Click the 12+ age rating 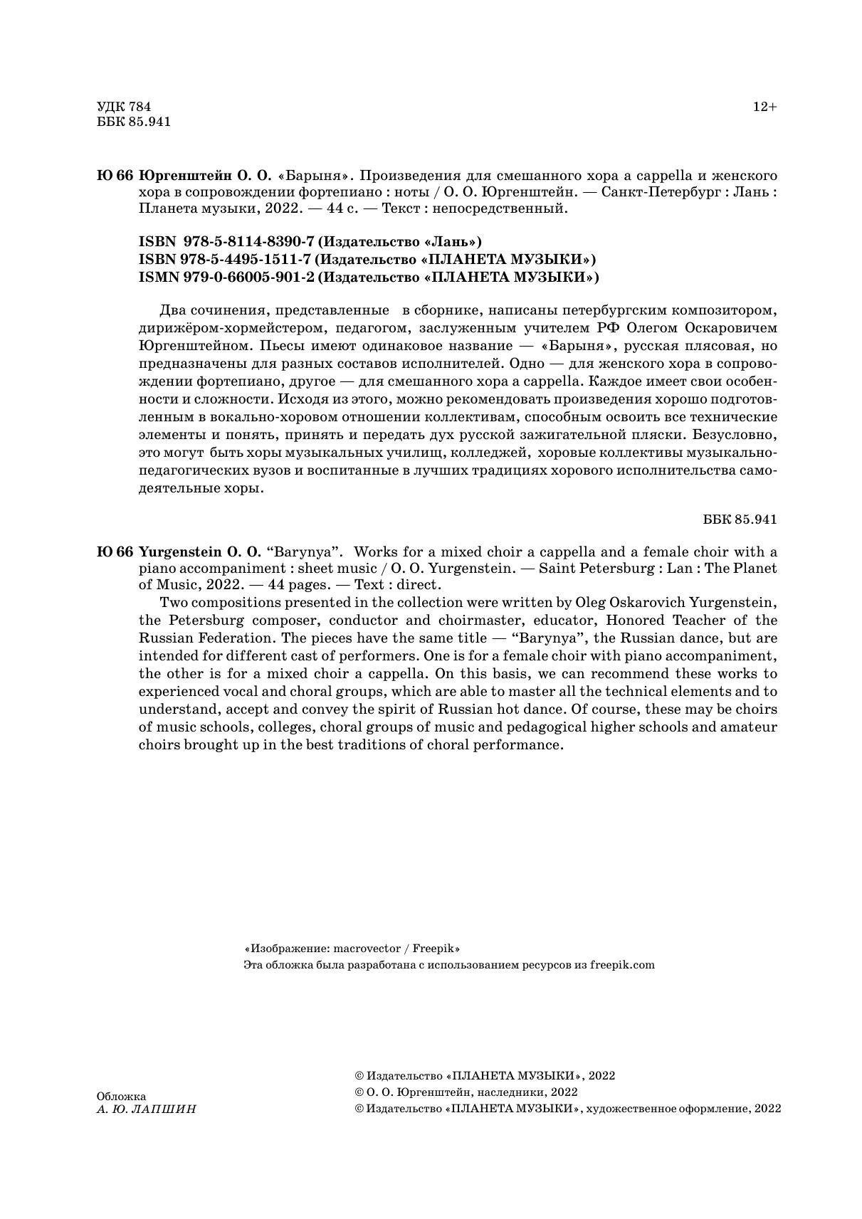765,107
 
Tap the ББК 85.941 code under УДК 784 134,122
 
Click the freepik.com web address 622,965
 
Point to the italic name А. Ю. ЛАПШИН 146,1109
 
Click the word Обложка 121,1097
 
